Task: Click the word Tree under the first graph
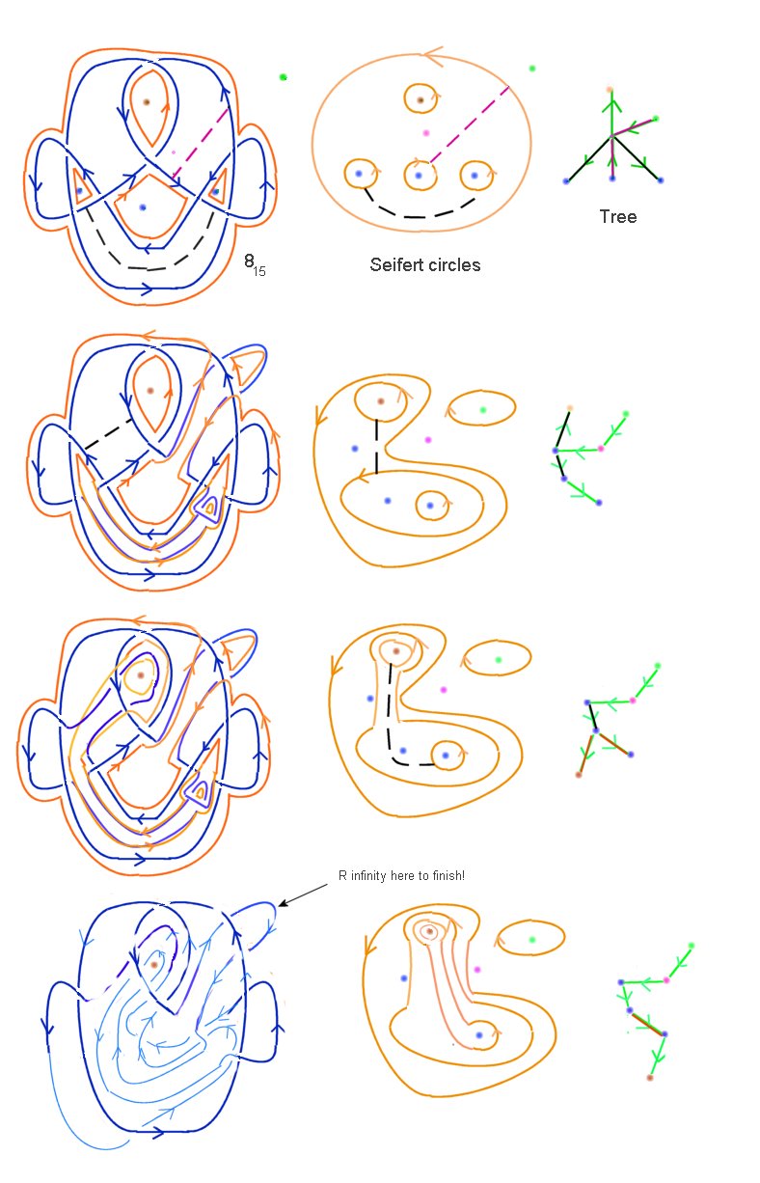coord(617,216)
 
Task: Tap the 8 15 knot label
coord(255,264)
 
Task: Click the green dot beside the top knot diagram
coord(283,77)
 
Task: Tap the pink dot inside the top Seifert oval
coord(426,133)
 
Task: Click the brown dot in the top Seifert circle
coord(421,99)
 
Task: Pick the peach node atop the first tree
coord(611,90)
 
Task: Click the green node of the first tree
coord(656,119)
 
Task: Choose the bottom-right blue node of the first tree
coord(661,180)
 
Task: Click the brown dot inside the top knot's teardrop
coord(147,102)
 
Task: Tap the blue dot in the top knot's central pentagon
coord(142,207)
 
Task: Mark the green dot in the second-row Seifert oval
coord(483,410)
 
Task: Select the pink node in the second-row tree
coord(601,449)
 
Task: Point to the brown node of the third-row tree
coord(579,775)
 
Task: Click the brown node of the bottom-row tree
coord(650,1078)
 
